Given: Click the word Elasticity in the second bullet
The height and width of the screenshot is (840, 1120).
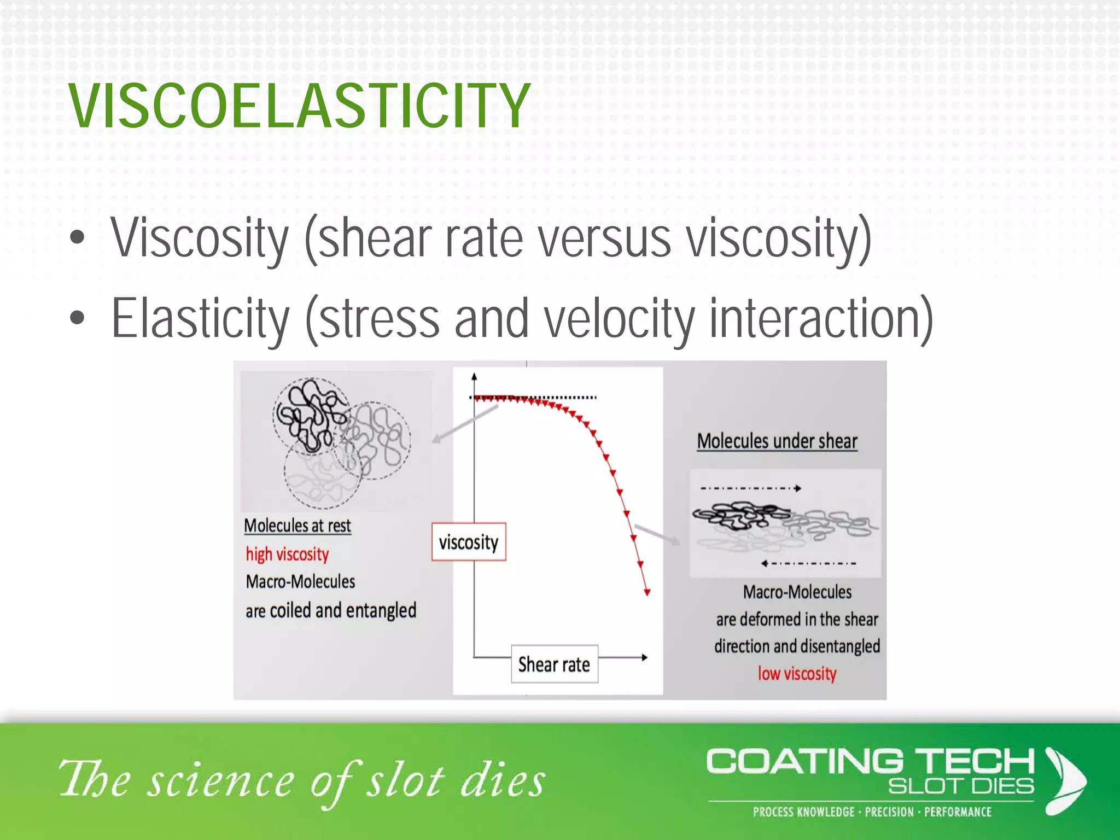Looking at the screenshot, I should pos(200,319).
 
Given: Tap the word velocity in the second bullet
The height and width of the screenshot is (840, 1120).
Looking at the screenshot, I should pos(620,319).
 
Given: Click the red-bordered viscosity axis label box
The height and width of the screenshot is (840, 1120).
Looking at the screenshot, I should pos(469,542).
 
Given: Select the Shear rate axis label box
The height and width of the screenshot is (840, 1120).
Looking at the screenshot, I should pos(554,664).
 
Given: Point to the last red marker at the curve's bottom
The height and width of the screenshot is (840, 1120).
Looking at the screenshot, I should pos(647,592).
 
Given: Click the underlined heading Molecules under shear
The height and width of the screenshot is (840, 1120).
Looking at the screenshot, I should pos(777,441).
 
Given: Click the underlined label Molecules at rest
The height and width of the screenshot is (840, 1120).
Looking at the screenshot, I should pos(297,526).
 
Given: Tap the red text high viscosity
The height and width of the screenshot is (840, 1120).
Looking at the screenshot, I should pos(287,554).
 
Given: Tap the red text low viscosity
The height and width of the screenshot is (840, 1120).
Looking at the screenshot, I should pos(797,673).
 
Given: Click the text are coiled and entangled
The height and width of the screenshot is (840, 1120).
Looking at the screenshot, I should pos(331,610).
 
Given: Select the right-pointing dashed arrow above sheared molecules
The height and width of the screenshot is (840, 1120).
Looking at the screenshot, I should pos(750,488).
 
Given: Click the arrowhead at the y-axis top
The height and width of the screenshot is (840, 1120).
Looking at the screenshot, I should pos(474,377).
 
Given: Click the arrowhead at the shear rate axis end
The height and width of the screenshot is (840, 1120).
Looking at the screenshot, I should pos(644,657).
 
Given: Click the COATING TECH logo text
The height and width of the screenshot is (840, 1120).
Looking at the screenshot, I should pos(870,762).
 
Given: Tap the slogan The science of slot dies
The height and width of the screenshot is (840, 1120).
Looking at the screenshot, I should pos(302,780).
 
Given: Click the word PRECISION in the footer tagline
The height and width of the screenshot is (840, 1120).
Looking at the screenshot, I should pos(889,812).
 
